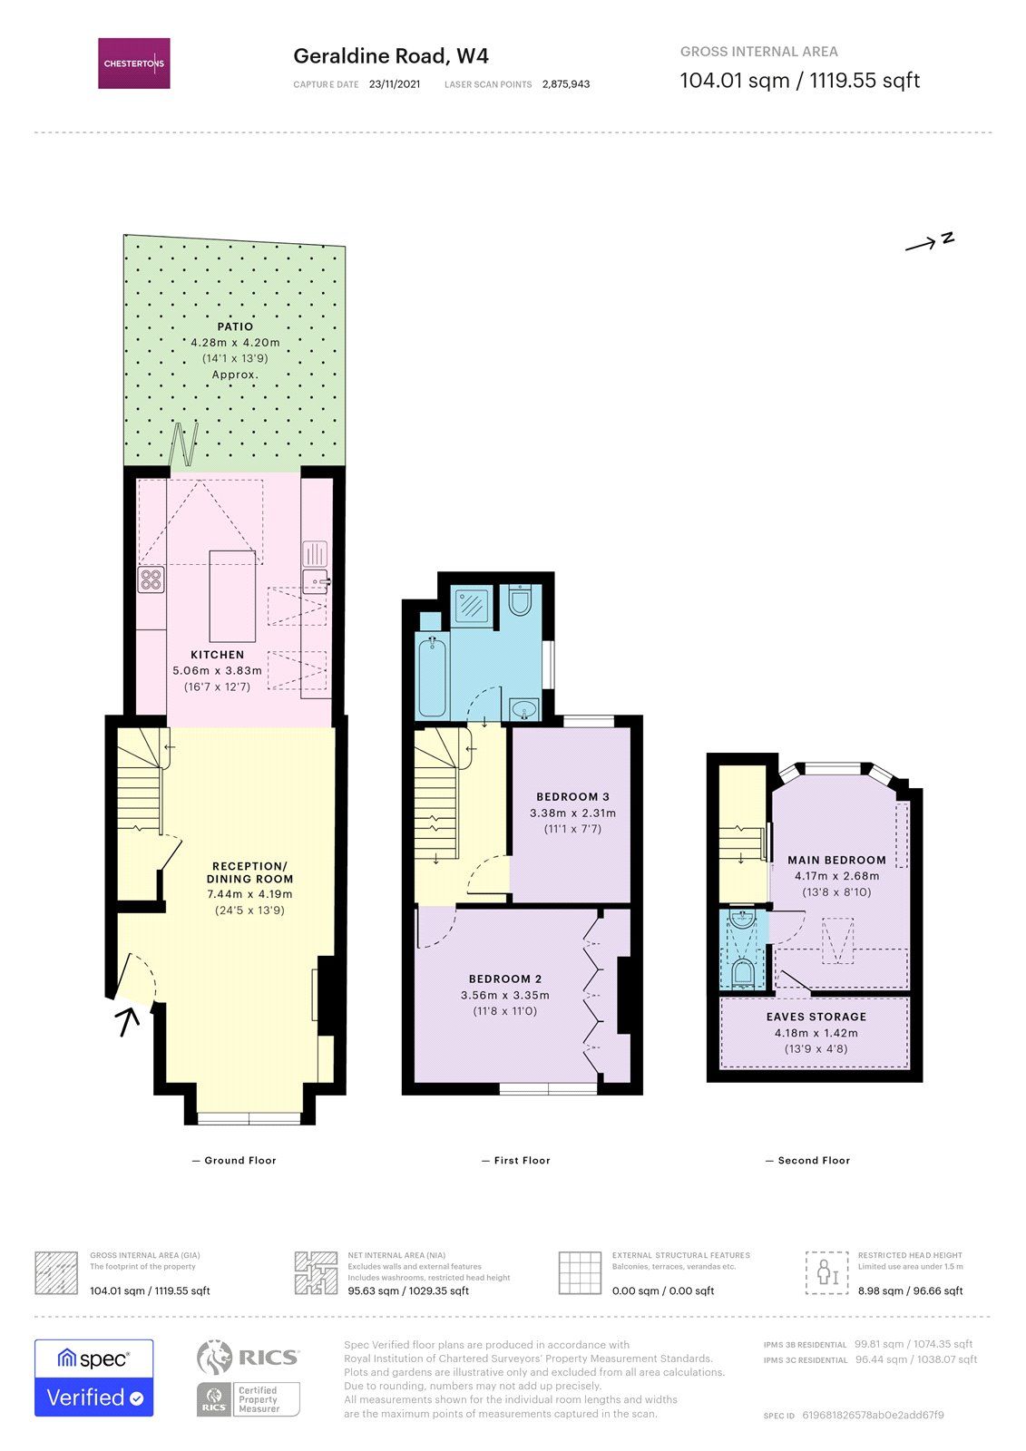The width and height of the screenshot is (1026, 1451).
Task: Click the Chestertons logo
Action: coord(134,63)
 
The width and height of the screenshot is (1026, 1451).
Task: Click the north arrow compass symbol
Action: coord(930,241)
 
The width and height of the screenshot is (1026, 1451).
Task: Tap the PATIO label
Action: coord(235,326)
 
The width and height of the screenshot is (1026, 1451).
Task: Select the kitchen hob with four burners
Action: coord(151,579)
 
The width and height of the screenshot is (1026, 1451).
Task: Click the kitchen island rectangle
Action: coord(232,596)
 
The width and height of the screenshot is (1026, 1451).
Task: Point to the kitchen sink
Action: coord(315,580)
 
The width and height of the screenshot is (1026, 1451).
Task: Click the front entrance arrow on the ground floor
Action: coord(128,1021)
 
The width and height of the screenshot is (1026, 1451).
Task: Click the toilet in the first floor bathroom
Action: coord(520,601)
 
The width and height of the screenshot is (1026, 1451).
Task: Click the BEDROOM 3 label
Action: coord(572,797)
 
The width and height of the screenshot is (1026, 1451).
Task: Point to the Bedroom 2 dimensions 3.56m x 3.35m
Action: coord(505,995)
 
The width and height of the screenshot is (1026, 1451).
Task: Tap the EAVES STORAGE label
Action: coord(816,1017)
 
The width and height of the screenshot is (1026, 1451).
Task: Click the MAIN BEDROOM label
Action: coord(836,860)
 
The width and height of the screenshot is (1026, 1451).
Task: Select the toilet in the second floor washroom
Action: coord(743,974)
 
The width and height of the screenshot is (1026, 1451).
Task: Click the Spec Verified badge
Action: coord(93,1378)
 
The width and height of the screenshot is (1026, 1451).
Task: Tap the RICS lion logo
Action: coord(214,1358)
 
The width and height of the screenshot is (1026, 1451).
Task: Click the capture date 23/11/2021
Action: coord(395,84)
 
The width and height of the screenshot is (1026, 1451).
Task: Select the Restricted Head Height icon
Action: coord(826,1272)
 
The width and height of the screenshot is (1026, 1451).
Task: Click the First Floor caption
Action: coord(522,1160)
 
